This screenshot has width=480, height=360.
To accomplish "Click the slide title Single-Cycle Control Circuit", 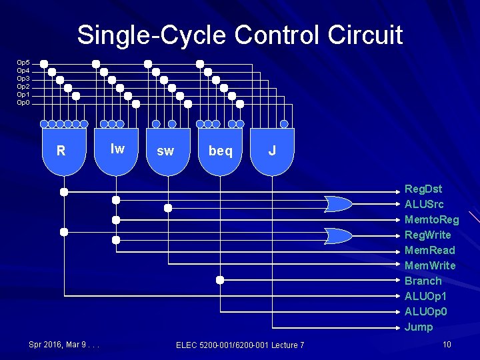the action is point(239,35).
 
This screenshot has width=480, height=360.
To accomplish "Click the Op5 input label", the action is point(23,63).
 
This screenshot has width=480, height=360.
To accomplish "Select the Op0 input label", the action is point(23,103).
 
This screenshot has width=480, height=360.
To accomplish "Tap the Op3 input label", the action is point(23,79).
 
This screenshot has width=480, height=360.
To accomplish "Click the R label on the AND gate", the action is point(61,151).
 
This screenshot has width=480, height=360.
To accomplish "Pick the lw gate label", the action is point(117,149).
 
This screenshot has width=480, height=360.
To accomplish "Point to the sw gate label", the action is point(165,151).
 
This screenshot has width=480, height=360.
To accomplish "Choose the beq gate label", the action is point(221,151).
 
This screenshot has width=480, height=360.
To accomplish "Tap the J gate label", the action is point(272,151).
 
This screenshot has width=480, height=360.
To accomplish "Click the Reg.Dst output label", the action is point(423,189).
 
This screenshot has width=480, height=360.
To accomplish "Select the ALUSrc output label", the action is point(424,205).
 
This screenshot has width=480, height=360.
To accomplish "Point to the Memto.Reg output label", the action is point(431,220).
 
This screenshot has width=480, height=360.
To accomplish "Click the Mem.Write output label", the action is point(430,266).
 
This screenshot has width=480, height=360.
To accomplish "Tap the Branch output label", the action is point(423,281).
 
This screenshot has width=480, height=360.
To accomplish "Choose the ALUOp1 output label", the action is point(425,297).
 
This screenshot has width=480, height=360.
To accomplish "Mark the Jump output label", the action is point(419,327).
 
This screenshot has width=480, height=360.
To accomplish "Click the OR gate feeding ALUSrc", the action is point(339,203).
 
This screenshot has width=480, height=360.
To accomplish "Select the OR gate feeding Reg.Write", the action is point(339,235).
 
